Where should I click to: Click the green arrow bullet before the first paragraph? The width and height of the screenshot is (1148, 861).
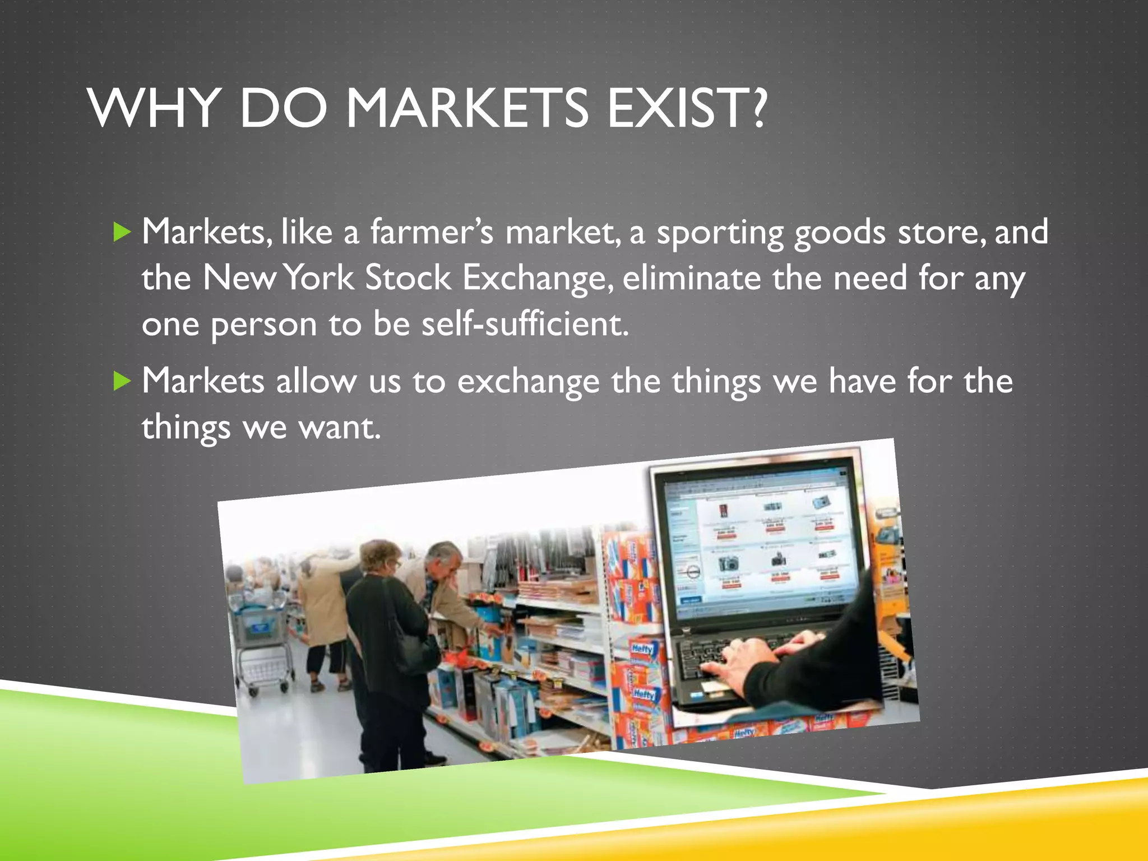[122, 232]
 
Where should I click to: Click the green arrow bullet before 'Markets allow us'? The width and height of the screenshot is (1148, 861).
[122, 381]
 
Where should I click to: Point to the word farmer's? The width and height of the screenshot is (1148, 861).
[431, 232]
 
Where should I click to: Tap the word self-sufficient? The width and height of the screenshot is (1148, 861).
[525, 324]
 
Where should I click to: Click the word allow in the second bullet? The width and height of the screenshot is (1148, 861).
[316, 381]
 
